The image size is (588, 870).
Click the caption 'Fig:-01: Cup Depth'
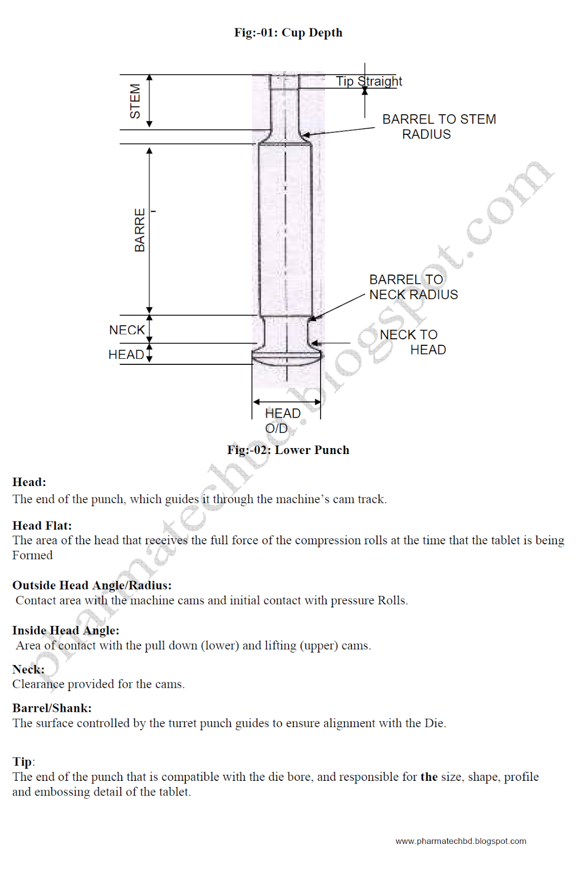click(x=288, y=33)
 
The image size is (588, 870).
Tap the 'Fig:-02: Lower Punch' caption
click(x=288, y=450)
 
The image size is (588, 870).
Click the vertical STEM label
click(x=135, y=101)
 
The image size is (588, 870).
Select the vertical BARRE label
click(x=140, y=229)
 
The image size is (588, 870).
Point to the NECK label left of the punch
click(x=127, y=330)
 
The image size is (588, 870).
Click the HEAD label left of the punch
click(x=126, y=355)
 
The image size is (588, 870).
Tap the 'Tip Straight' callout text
click(x=369, y=82)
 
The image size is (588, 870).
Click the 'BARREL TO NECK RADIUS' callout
click(x=413, y=287)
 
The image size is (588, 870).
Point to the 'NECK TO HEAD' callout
click(x=413, y=342)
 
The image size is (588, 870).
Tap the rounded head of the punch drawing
click(x=286, y=357)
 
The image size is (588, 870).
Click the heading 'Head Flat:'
click(x=42, y=526)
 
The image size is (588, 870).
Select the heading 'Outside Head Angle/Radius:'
click(x=92, y=586)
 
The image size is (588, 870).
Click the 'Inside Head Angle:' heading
click(x=66, y=631)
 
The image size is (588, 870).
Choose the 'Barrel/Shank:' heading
click(x=52, y=709)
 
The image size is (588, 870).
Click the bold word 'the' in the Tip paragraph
click(x=429, y=777)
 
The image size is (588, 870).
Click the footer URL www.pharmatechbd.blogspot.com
click(x=460, y=841)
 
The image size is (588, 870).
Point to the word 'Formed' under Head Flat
click(x=33, y=556)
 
